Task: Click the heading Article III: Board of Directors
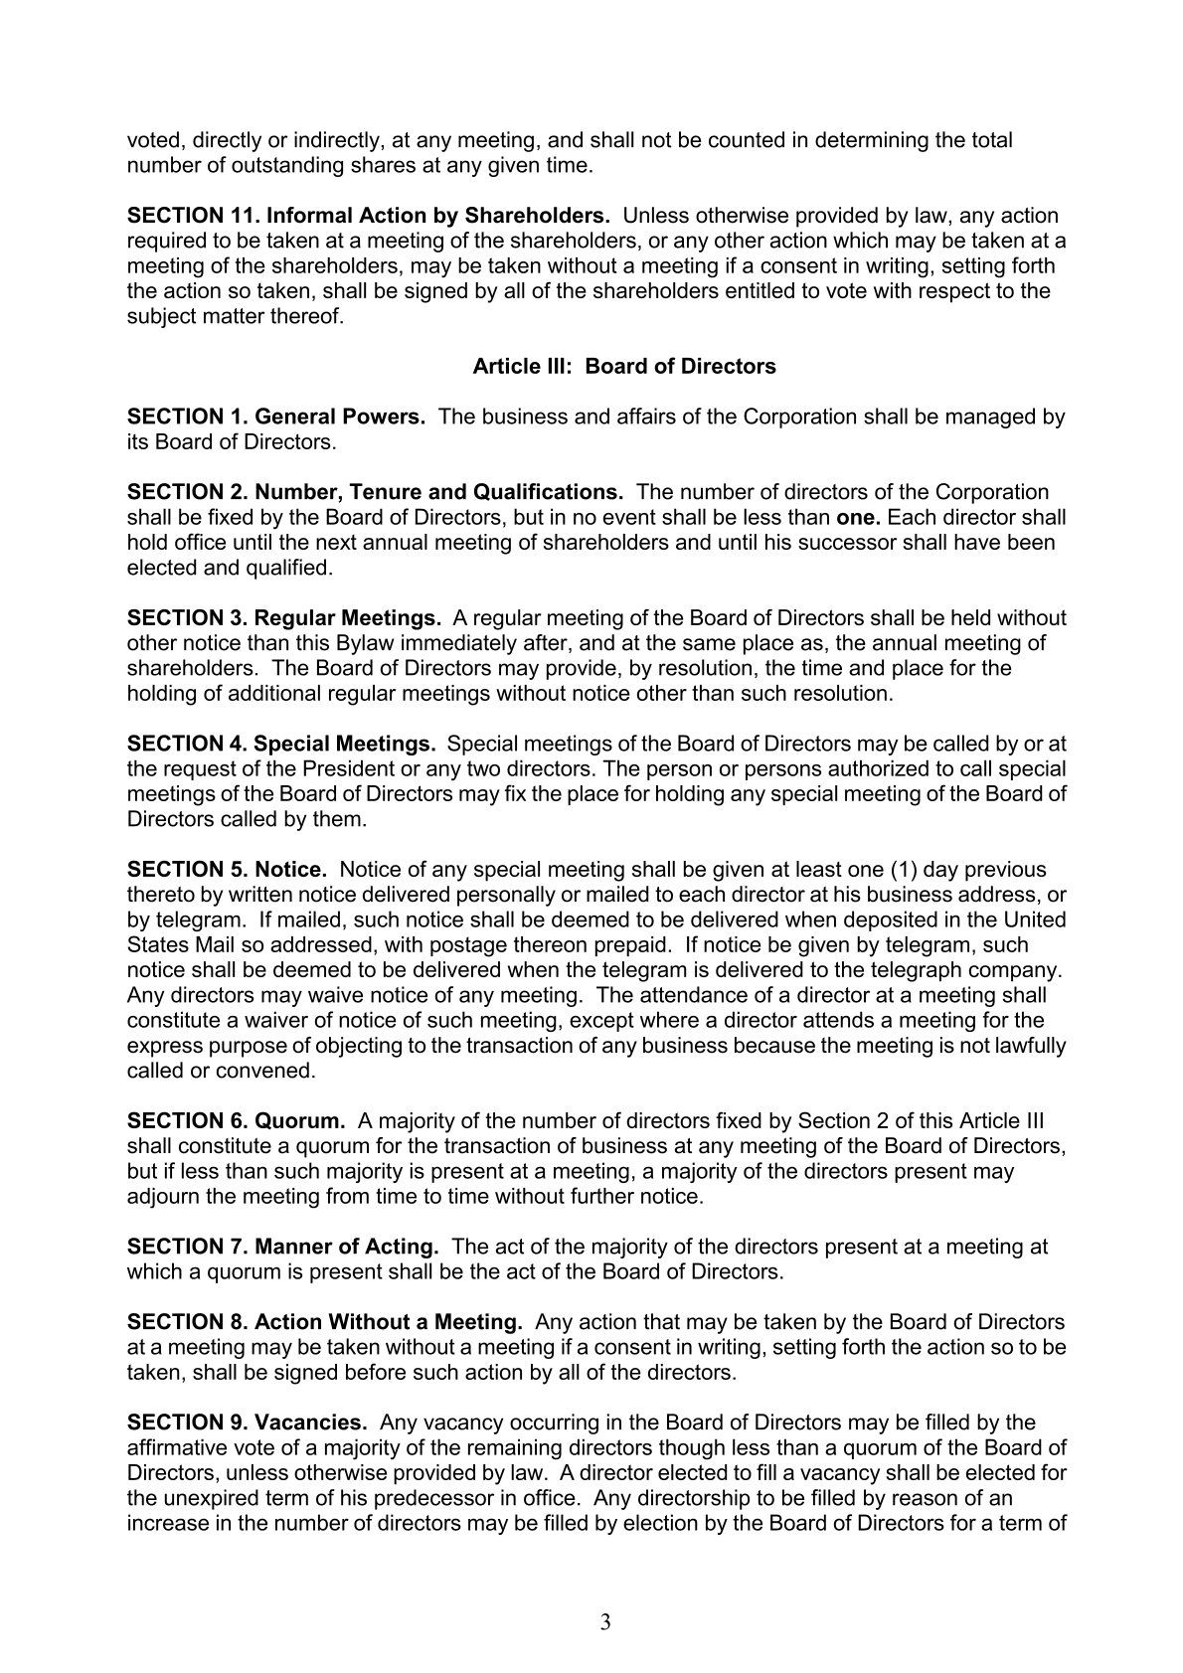coord(623,367)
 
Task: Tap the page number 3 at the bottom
coord(605,1623)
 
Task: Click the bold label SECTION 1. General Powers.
coord(276,417)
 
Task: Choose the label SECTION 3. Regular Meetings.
coord(284,618)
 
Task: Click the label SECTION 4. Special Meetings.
coord(281,744)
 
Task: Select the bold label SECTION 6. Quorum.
coord(237,1120)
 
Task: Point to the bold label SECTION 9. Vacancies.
coord(248,1422)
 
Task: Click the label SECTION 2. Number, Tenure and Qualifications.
coord(376,492)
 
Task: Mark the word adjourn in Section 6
coord(163,1196)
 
